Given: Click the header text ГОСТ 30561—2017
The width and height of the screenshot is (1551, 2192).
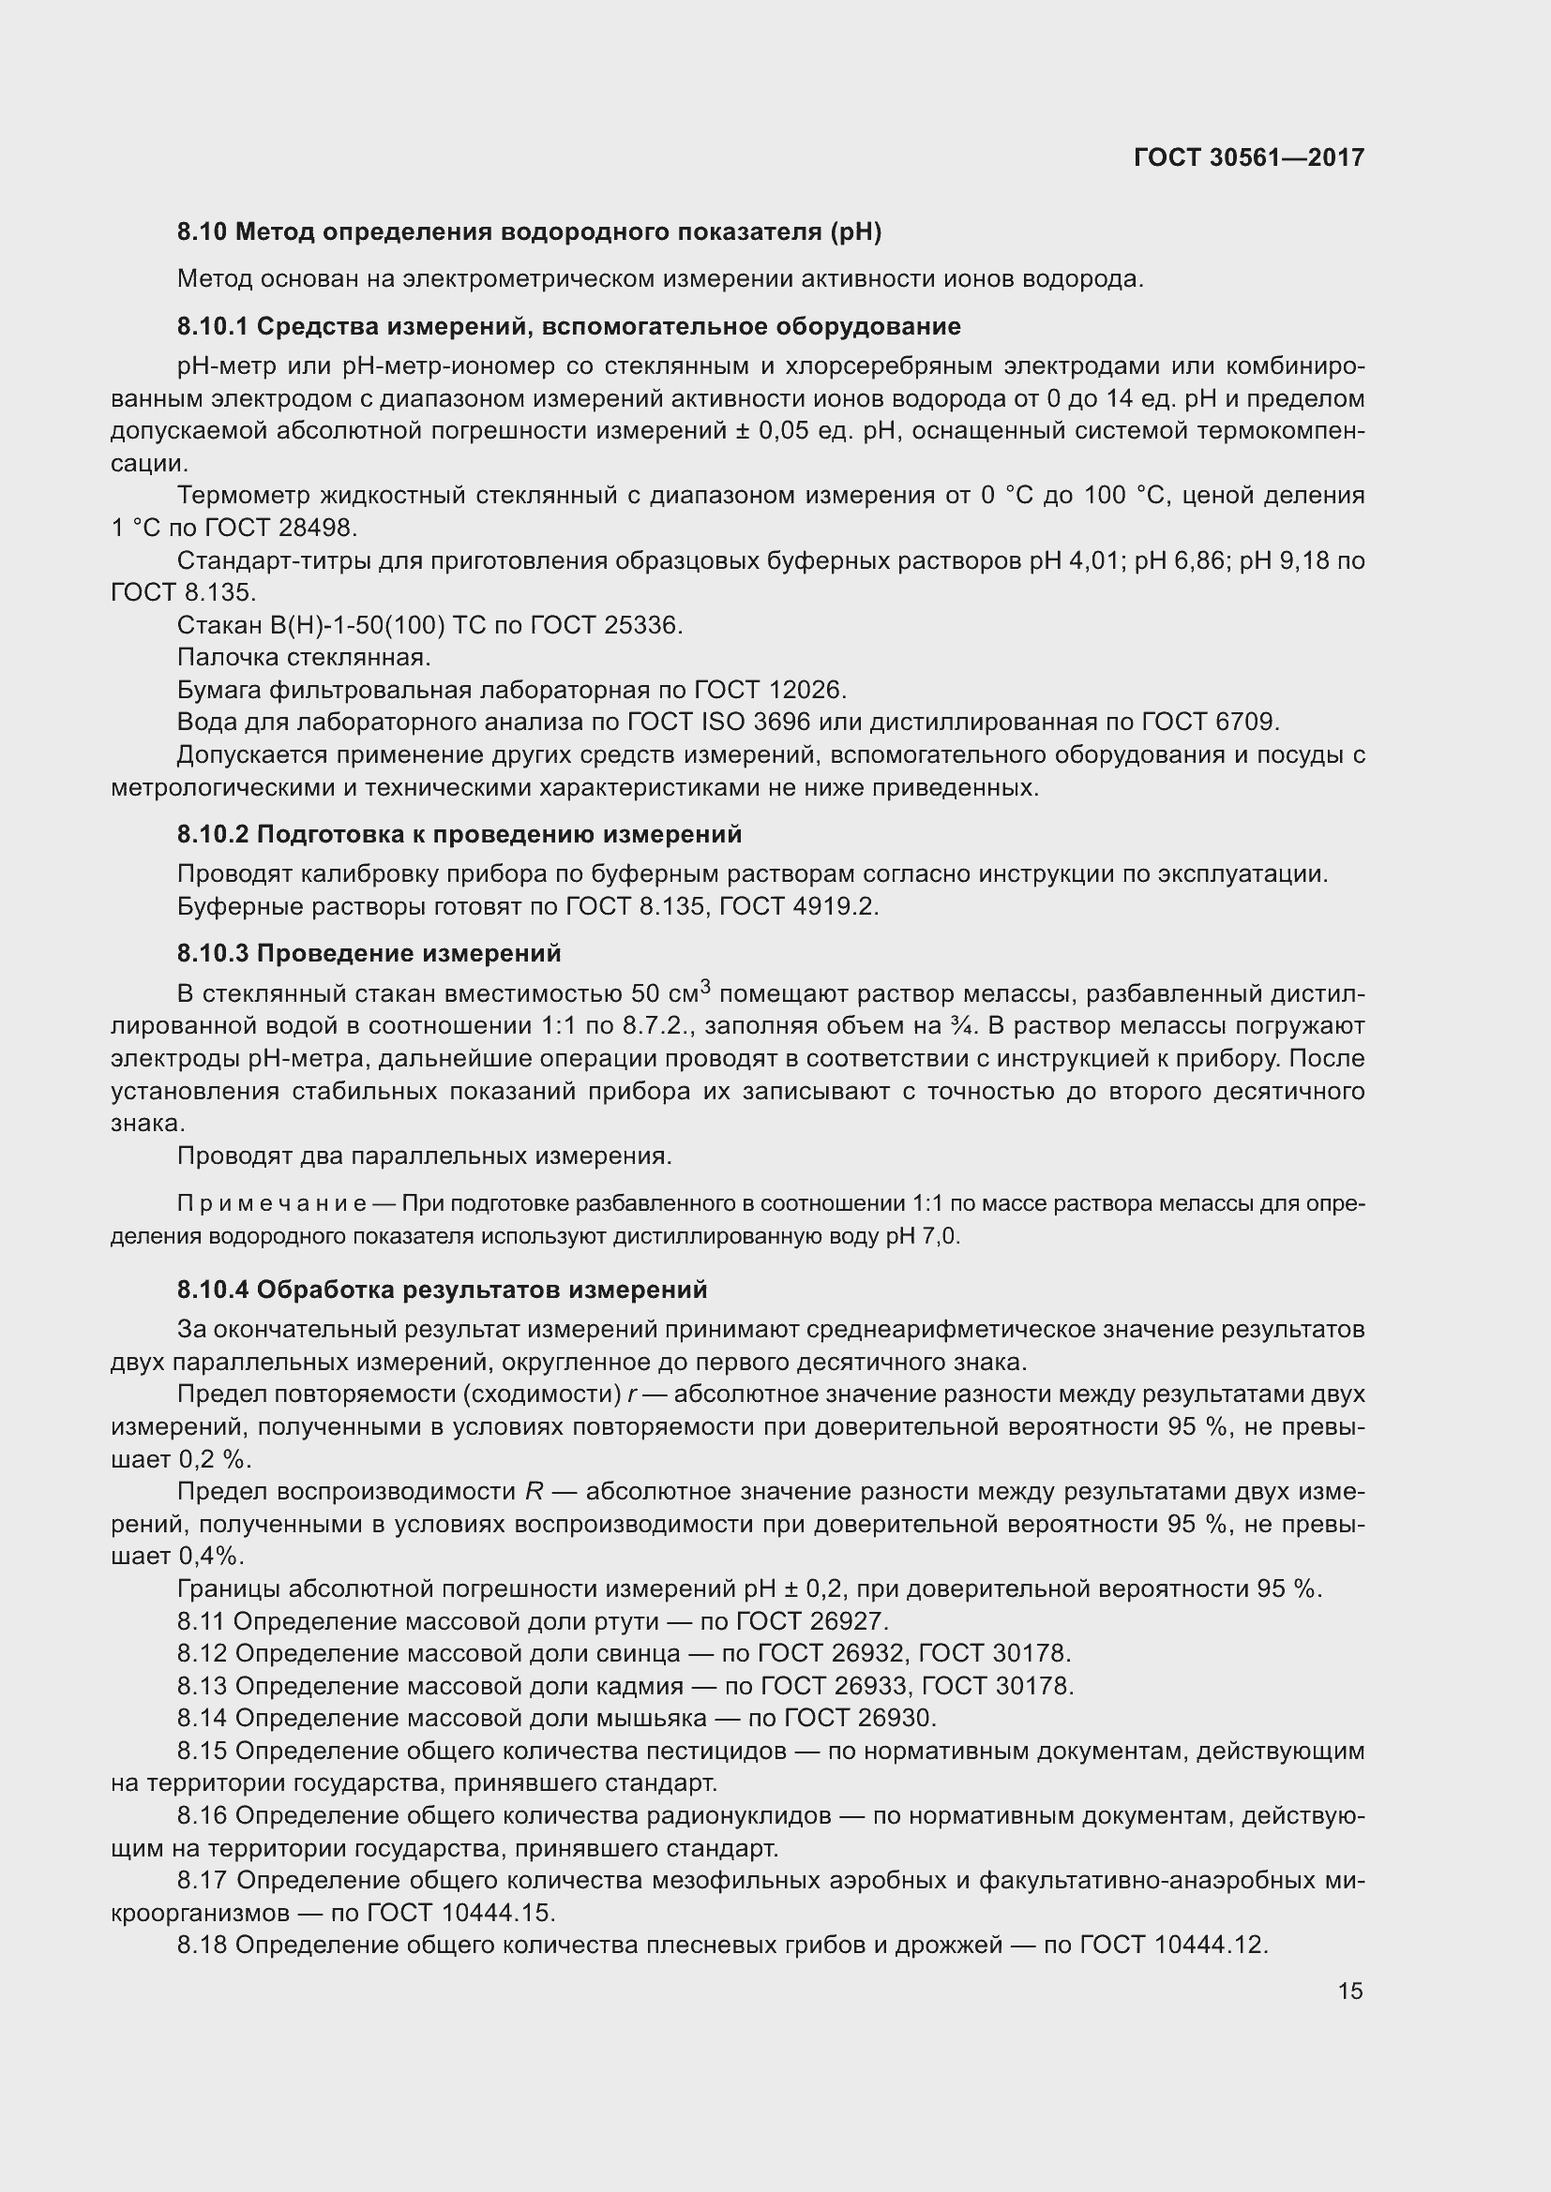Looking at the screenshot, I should click(x=1248, y=157).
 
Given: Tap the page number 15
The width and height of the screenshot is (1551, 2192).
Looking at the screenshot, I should click(x=1349, y=1991).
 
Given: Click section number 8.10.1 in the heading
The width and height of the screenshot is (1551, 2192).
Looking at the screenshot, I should click(x=212, y=326).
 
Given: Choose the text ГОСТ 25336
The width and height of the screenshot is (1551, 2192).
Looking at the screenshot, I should click(x=606, y=625).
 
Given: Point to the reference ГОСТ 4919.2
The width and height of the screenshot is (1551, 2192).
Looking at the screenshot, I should click(x=798, y=906).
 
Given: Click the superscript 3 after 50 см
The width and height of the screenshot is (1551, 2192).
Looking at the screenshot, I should click(x=706, y=986).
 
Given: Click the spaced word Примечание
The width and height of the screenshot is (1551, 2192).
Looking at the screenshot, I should click(x=271, y=1204).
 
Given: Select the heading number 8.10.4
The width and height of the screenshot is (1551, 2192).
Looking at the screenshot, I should click(x=212, y=1290).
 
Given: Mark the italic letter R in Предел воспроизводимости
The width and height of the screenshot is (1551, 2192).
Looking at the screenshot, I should click(x=534, y=1492).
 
